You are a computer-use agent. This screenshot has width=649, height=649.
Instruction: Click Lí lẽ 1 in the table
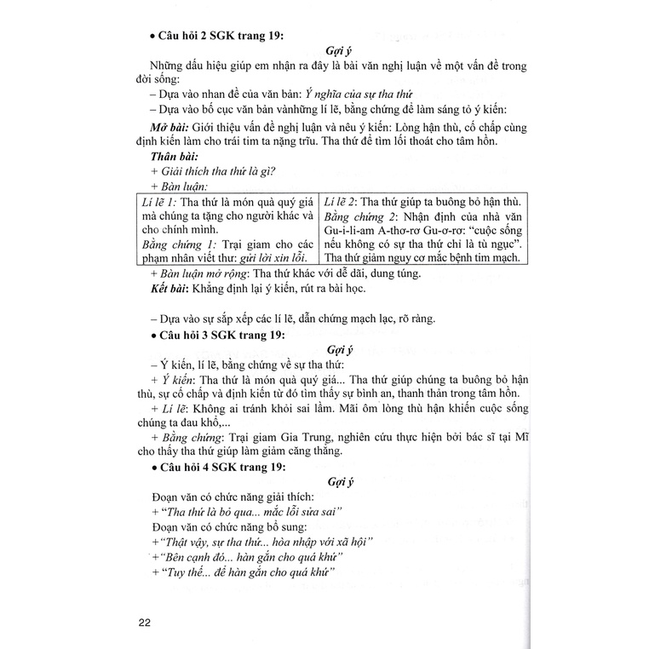pyautogui.click(x=159, y=200)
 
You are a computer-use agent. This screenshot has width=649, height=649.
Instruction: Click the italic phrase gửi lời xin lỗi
pyautogui.click(x=273, y=257)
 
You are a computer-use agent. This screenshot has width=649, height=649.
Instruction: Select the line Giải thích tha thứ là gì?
pyautogui.click(x=212, y=171)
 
